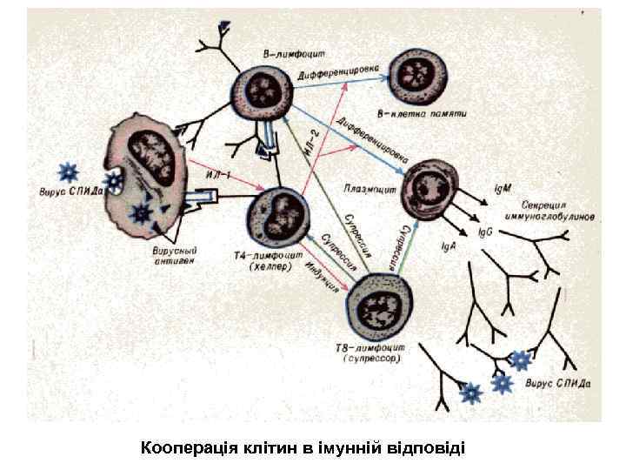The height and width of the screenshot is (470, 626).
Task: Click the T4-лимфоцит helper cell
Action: point(278,217)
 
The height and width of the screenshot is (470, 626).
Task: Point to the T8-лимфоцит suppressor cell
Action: point(380,308)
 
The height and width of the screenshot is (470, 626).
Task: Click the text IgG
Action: point(487,233)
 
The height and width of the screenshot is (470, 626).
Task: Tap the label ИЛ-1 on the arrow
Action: point(216,171)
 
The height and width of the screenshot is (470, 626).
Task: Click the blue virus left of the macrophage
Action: point(66,171)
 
